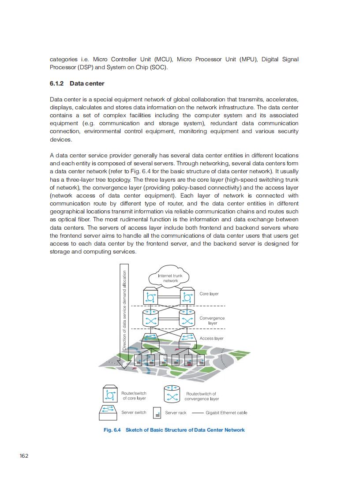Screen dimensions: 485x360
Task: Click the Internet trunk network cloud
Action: pyautogui.click(x=170, y=278)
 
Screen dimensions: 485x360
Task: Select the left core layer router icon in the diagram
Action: pyautogui.click(x=150, y=296)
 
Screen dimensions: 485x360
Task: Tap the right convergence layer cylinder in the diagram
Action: pyautogui.click(x=187, y=319)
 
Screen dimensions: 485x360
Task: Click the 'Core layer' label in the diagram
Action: pyautogui.click(x=209, y=294)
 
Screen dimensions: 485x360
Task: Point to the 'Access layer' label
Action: pyautogui.click(x=211, y=339)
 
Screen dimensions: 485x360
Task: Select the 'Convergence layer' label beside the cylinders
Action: pyautogui.click(x=212, y=321)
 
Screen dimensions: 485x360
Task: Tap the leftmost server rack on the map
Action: pyautogui.click(x=139, y=361)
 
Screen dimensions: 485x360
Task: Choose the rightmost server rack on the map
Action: pyautogui.click(x=201, y=361)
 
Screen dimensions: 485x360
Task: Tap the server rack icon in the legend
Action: pyautogui.click(x=157, y=413)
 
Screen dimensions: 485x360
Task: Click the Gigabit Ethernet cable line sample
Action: pyautogui.click(x=198, y=413)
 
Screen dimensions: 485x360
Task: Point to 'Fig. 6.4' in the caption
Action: pyautogui.click(x=112, y=430)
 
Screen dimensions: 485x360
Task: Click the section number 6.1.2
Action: pyautogui.click(x=56, y=83)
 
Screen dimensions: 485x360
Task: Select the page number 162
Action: pyautogui.click(x=24, y=456)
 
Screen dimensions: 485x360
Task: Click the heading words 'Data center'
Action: pyautogui.click(x=87, y=83)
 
